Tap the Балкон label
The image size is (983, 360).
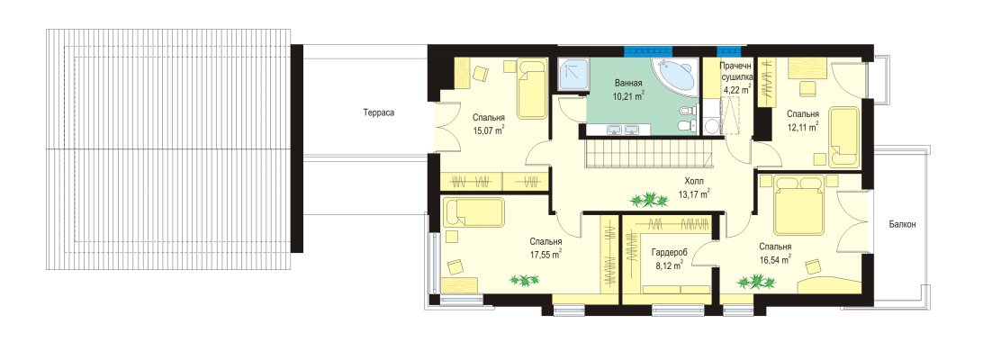pos(902,224)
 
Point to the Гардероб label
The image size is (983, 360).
pos(669,252)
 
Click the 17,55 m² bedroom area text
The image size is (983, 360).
pos(545,254)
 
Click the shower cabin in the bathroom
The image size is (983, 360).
pos(574,76)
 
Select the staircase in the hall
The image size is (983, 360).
pos(651,153)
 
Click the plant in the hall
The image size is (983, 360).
pos(649,201)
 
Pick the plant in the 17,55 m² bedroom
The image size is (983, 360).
pos(524,280)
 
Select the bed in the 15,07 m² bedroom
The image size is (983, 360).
pos(532,89)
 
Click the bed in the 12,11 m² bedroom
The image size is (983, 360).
pos(843,138)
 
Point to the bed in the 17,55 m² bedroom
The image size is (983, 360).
pos(473,212)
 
